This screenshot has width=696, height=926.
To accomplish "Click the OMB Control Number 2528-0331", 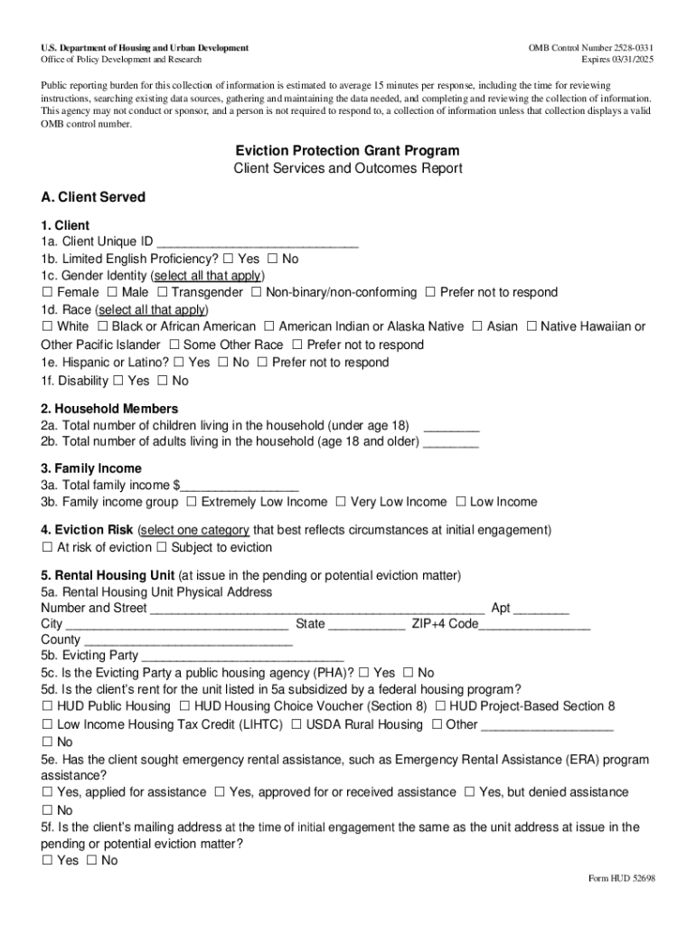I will (591, 47).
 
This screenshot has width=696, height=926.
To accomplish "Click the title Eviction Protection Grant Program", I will (347, 151).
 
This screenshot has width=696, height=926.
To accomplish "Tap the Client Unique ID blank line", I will (258, 242).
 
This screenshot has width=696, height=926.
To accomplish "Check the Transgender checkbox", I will (163, 293).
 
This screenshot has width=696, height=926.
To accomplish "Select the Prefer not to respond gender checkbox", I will (430, 293).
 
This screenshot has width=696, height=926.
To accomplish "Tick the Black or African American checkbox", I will (103, 326).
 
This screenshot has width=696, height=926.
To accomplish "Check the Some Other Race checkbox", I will (174, 345).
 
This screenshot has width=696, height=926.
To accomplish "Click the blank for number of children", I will (451, 426).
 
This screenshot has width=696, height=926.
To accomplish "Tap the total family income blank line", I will (240, 487).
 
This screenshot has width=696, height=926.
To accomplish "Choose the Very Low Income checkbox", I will (341, 502).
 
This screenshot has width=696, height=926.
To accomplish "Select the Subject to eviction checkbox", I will (162, 548).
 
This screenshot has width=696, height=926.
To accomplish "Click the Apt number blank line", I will (541, 609).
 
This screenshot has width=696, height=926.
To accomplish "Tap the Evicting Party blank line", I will (242, 657).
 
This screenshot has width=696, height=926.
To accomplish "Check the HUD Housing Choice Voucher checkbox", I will (184, 706).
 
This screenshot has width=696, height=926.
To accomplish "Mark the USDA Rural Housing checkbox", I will (296, 725).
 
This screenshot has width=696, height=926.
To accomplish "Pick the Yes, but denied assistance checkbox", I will (469, 793).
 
